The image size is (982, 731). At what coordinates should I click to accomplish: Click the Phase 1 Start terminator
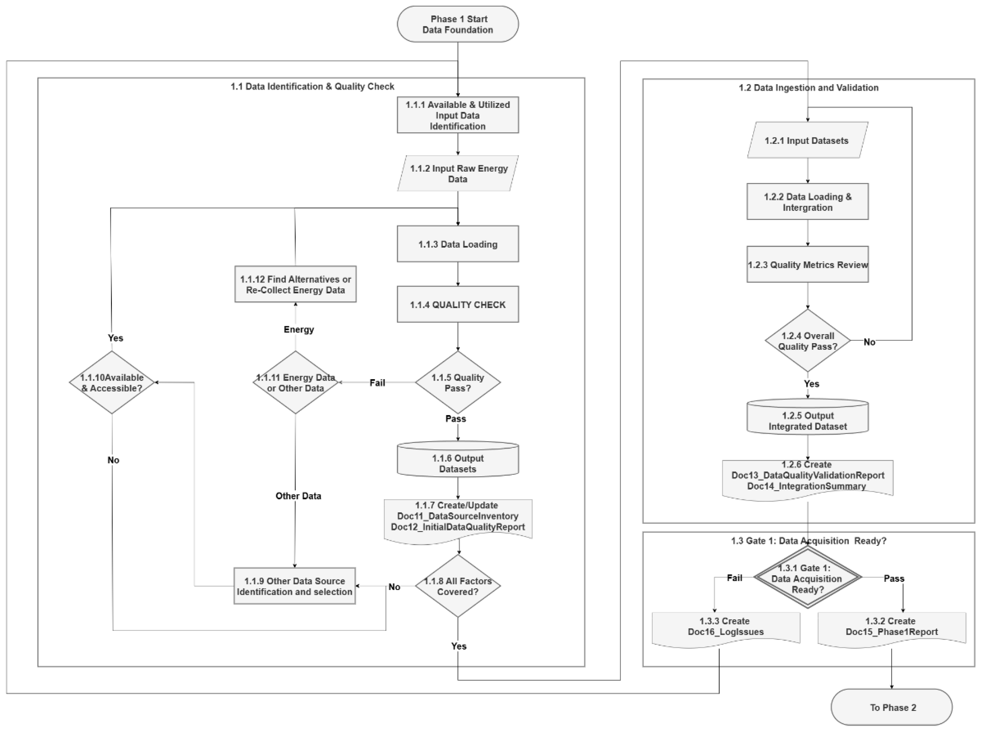pyautogui.click(x=457, y=24)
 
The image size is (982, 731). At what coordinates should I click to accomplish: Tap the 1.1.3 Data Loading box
pyautogui.click(x=457, y=244)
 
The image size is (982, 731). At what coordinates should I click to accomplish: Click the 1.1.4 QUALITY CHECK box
pyautogui.click(x=457, y=304)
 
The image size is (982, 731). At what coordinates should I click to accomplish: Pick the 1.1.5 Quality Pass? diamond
pyautogui.click(x=457, y=382)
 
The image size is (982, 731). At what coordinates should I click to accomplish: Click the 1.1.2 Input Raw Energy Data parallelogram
pyautogui.click(x=457, y=173)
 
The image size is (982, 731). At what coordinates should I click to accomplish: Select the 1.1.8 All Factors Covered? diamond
pyautogui.click(x=457, y=586)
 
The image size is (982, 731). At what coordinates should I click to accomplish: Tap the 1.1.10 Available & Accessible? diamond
pyautogui.click(x=112, y=382)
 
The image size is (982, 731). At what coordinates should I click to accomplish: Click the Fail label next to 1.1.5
pyautogui.click(x=377, y=383)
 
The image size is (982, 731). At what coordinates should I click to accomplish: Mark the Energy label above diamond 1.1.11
pyautogui.click(x=298, y=330)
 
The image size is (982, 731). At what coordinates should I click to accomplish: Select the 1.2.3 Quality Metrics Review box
pyautogui.click(x=807, y=265)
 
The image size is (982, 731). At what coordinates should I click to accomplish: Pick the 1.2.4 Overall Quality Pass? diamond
pyautogui.click(x=807, y=341)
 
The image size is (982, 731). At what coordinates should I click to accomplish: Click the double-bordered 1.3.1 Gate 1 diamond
pyautogui.click(x=807, y=578)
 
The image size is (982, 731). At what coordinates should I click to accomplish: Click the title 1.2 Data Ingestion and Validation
pyautogui.click(x=808, y=88)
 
